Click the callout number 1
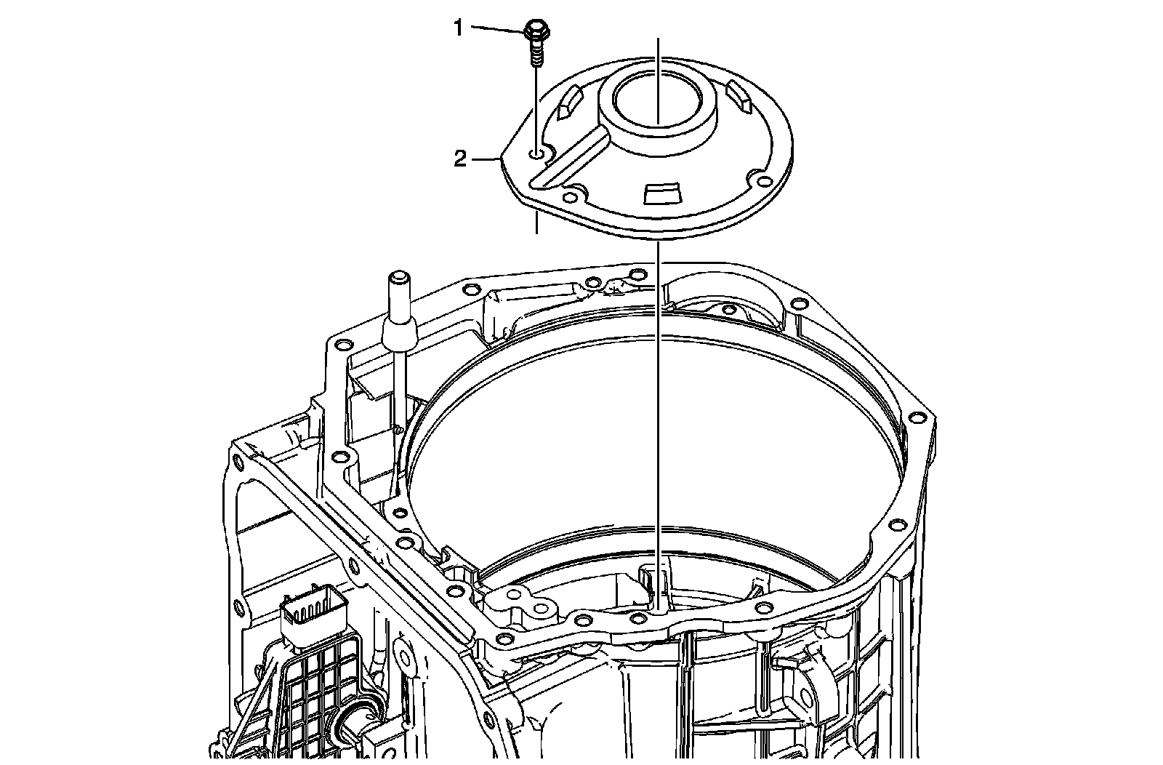458,28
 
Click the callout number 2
460,159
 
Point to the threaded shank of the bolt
536,55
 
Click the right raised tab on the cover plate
739,95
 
